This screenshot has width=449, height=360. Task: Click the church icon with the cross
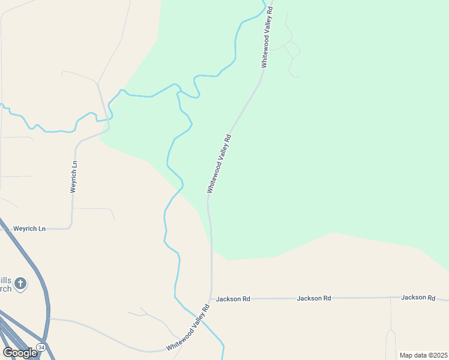(x=21, y=283)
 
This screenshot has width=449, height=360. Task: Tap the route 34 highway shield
(x=41, y=347)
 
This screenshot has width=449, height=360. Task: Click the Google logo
(x=19, y=353)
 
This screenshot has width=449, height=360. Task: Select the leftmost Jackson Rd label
(x=232, y=298)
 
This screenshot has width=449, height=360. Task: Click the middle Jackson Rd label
(x=314, y=298)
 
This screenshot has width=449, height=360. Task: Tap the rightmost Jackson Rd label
(x=418, y=297)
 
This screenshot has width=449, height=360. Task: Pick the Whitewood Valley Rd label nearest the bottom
(x=188, y=328)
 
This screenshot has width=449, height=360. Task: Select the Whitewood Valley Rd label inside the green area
(x=219, y=163)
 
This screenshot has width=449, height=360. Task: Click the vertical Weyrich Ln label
(x=74, y=176)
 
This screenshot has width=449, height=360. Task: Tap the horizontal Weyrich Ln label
(x=29, y=229)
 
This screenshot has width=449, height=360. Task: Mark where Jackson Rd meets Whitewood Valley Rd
(x=211, y=299)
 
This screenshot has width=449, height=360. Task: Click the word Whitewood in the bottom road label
(x=180, y=338)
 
